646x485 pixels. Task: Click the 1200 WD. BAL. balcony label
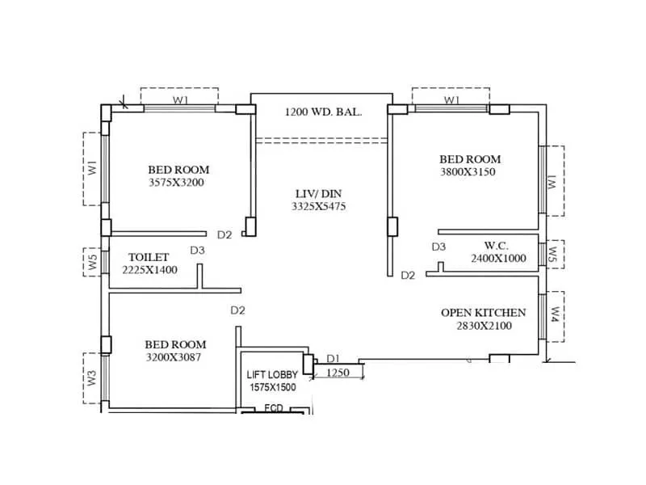(x=323, y=112)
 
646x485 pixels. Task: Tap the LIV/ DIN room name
(x=317, y=193)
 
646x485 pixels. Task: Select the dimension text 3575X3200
(x=176, y=183)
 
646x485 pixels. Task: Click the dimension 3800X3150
(x=471, y=172)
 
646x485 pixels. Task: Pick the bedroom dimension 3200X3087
(x=174, y=356)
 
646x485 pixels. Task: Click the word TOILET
(x=149, y=257)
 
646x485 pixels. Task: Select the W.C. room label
(x=496, y=245)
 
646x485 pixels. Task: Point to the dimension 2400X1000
(x=497, y=258)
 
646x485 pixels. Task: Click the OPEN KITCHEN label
(x=483, y=312)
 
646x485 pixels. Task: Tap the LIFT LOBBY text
(x=272, y=375)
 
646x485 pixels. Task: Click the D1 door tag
(x=333, y=359)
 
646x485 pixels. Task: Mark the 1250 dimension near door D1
(x=339, y=373)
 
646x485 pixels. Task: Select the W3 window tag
(x=92, y=377)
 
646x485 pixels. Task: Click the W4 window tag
(x=555, y=314)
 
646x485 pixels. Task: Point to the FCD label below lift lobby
(x=274, y=408)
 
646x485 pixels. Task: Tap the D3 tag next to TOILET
(x=197, y=251)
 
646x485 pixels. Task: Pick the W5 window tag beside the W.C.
(x=553, y=255)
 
